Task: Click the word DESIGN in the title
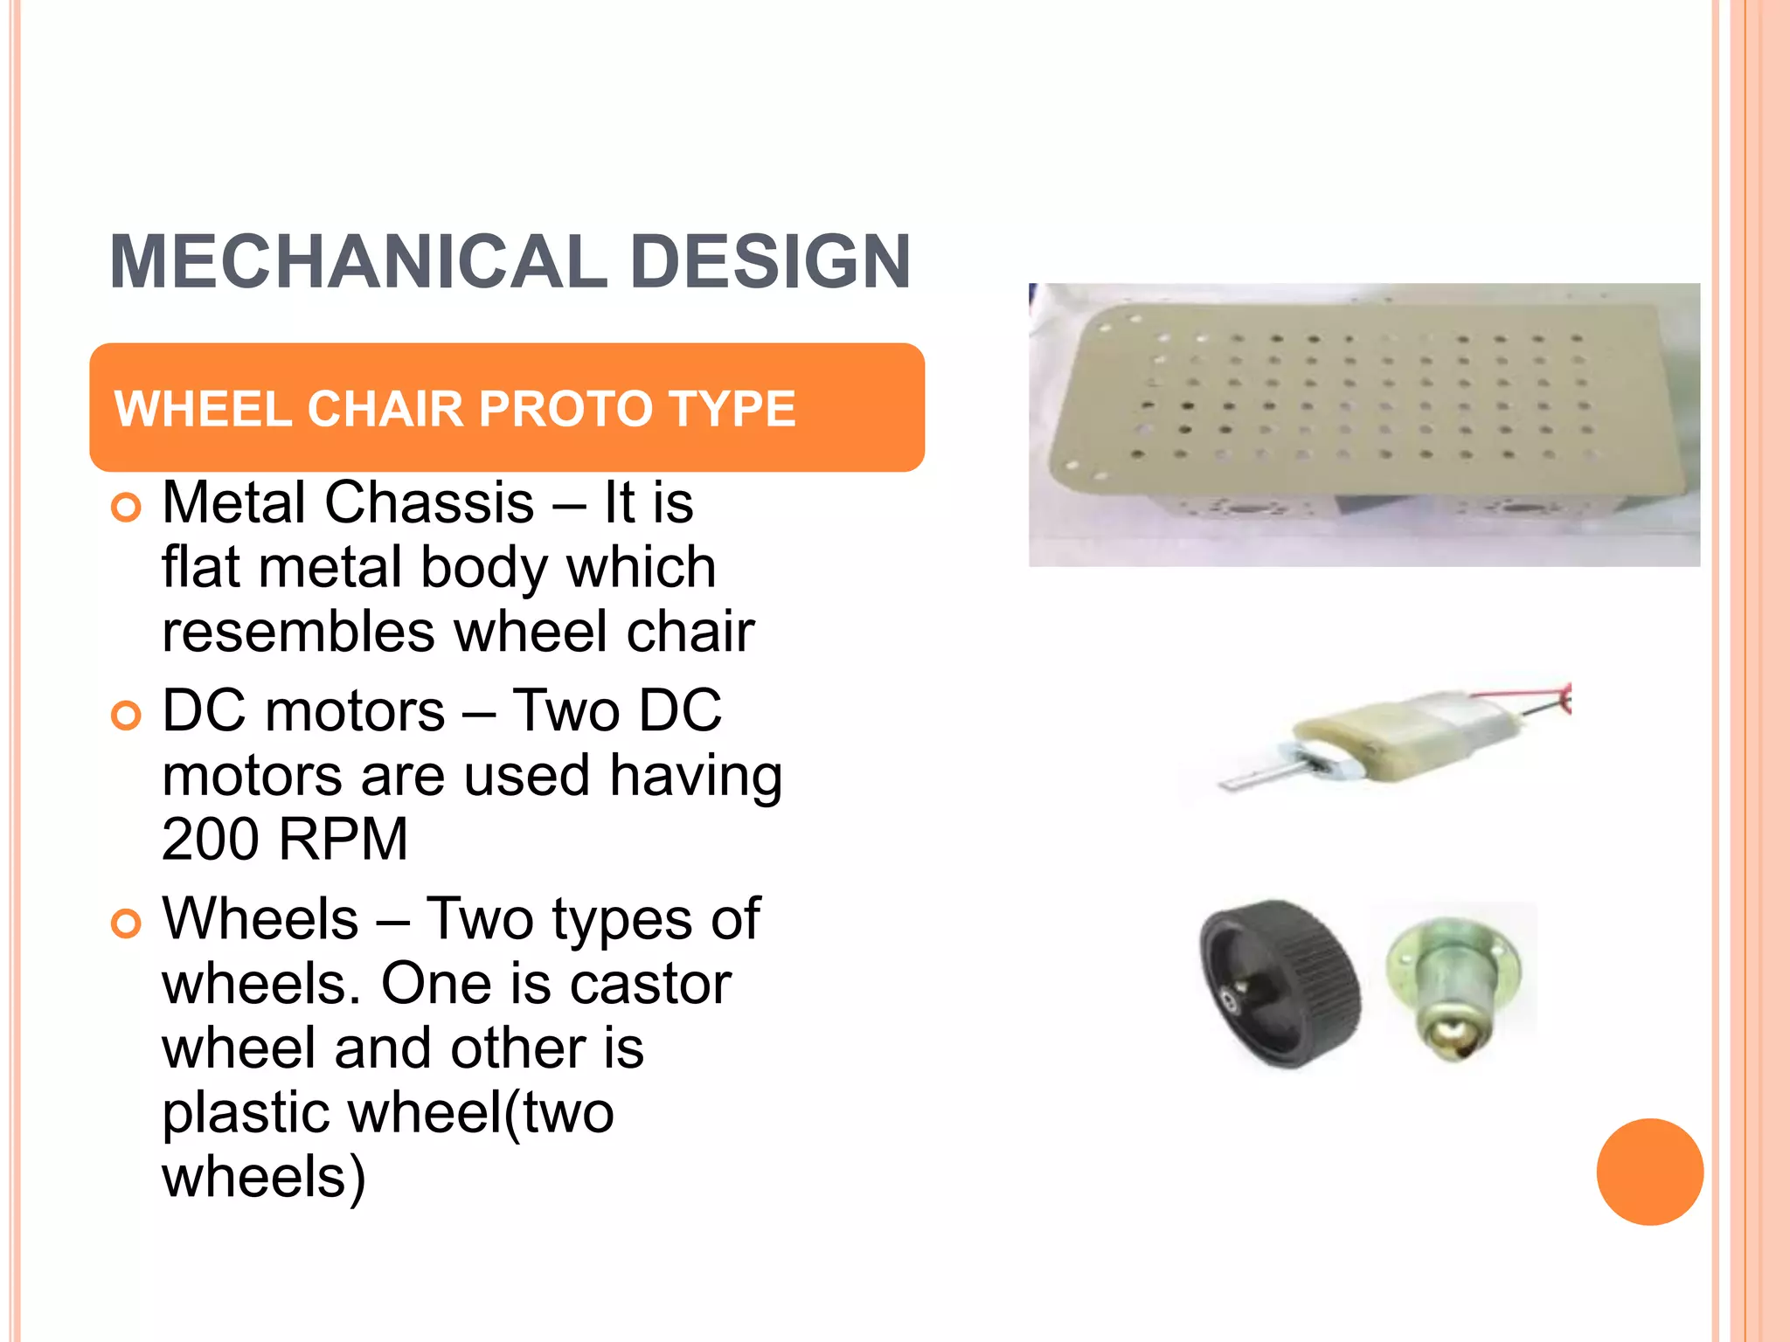770,262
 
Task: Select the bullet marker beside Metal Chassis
127,508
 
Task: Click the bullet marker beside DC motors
127,716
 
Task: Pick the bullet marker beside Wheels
127,923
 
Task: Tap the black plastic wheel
1279,985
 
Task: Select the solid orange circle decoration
1649,1172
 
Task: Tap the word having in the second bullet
696,775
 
